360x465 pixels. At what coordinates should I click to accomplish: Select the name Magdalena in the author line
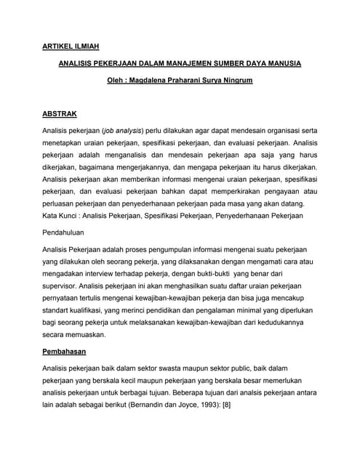[x=155, y=82]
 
